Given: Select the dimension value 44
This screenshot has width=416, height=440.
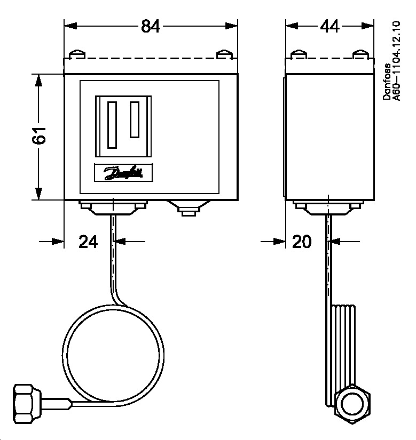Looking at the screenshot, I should click(x=329, y=27).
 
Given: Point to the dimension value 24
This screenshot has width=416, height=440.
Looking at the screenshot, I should click(x=89, y=242).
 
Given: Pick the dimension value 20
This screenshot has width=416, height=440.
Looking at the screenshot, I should click(x=302, y=242).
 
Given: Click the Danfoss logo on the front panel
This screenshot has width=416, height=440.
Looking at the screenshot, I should click(x=123, y=172).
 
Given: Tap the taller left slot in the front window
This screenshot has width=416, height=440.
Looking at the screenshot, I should click(x=112, y=125).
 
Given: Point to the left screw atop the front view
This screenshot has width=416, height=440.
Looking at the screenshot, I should click(x=78, y=54).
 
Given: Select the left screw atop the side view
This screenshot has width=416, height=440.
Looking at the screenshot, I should click(x=299, y=54).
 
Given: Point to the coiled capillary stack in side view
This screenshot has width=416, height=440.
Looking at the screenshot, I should click(x=342, y=347).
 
